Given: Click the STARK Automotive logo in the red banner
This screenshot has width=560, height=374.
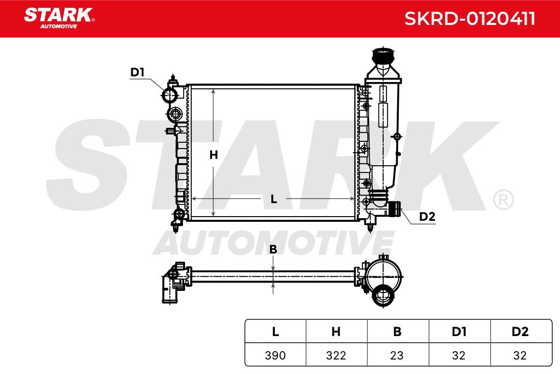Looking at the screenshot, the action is pos(59,18).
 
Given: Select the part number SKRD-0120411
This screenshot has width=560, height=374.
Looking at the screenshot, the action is pos(470,19).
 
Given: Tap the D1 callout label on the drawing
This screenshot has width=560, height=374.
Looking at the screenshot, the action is pos(137,72).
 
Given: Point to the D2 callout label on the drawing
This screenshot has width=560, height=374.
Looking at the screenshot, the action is pos(427,217).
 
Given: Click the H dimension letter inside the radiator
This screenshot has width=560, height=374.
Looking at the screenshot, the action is pos(214,155).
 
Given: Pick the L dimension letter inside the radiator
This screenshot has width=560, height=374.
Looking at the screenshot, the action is pos(274,199).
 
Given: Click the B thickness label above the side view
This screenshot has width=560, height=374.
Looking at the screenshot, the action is pos(273,249).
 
